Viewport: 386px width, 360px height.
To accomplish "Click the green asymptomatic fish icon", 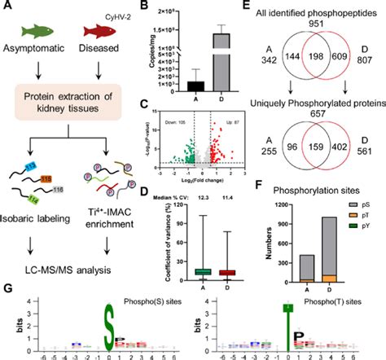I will (x=38, y=33).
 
